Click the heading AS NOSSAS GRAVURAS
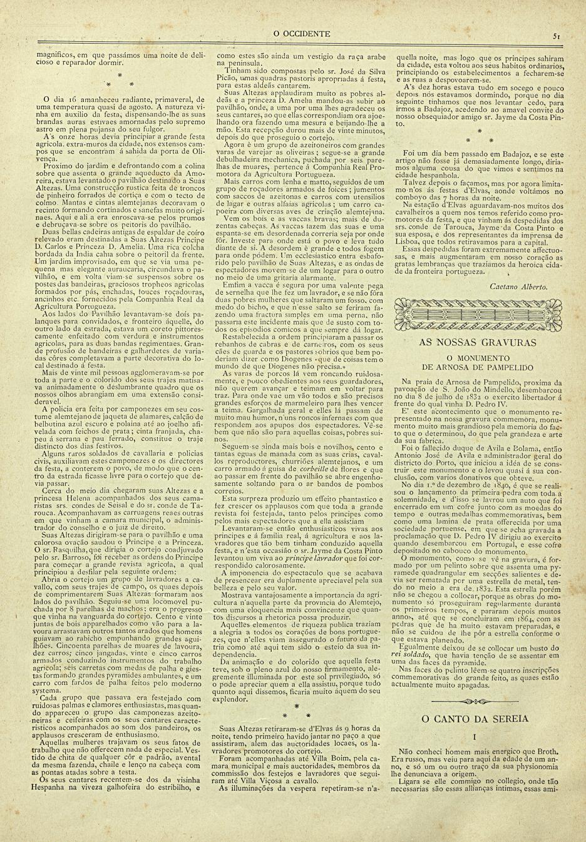[x=476, y=343]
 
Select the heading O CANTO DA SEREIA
[x=476, y=719]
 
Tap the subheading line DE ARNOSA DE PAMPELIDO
[x=476, y=368]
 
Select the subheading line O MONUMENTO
[x=476, y=359]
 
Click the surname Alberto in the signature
[x=534, y=286]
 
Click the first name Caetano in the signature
[x=505, y=286]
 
